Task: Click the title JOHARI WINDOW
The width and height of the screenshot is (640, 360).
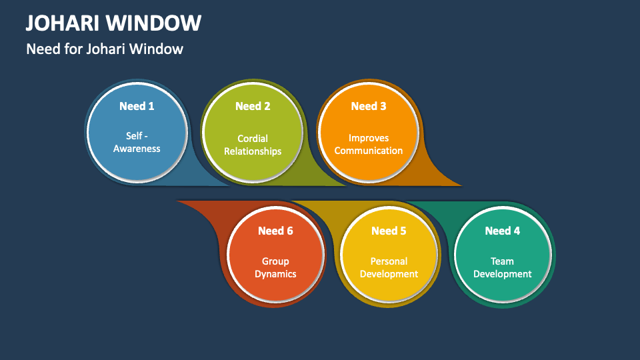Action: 113,23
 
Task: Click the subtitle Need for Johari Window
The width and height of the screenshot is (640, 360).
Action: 105,49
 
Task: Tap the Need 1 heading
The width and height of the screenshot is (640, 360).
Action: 137,106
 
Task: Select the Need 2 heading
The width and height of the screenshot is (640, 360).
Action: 253,106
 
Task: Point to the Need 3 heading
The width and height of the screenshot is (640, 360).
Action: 369,106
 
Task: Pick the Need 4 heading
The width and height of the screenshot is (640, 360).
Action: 503,231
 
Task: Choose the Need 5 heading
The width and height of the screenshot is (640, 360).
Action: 389,231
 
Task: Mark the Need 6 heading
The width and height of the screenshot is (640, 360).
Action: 275,231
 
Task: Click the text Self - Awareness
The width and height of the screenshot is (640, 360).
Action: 137,142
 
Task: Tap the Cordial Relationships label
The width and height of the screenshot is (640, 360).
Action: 253,145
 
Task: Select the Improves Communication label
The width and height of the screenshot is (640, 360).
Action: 369,145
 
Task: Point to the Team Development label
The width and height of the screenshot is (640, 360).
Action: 503,268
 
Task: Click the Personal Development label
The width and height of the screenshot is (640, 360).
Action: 389,268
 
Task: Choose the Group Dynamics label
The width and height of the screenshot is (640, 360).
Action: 275,268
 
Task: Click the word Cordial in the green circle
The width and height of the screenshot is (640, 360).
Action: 253,139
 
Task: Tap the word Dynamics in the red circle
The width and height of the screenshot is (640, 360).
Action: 275,274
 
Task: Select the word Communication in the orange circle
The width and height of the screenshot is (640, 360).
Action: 369,151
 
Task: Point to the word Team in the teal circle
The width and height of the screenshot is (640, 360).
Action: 503,261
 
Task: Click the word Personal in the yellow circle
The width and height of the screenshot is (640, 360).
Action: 389,261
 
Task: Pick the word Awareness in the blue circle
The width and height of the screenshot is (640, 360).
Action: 137,149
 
